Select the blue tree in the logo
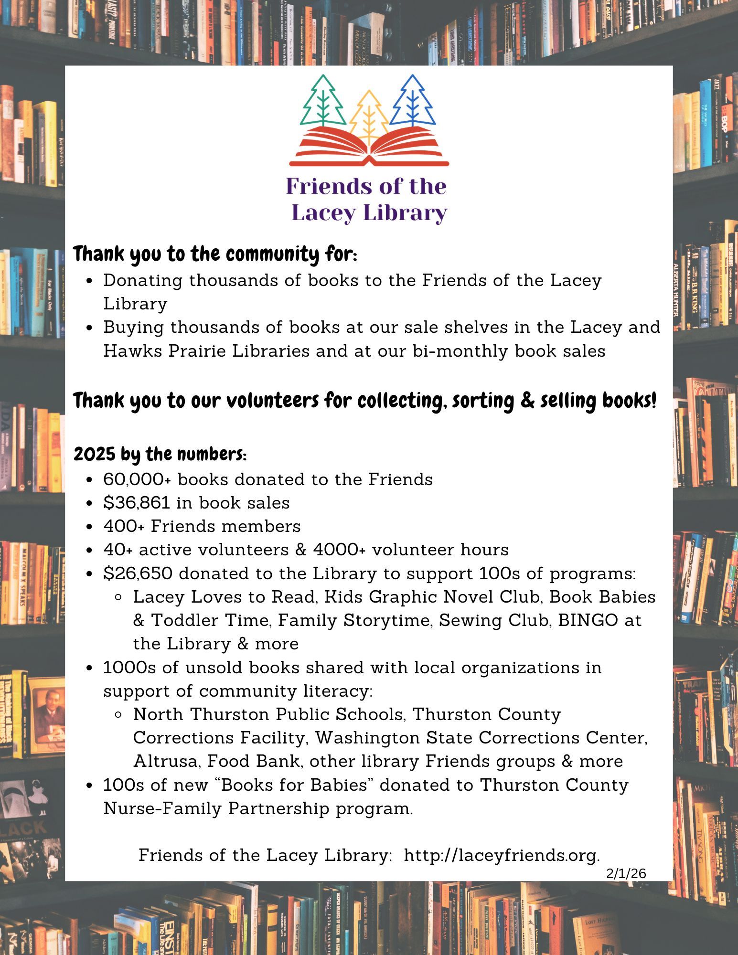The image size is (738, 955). [x=413, y=101]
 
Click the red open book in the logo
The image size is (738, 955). [x=369, y=146]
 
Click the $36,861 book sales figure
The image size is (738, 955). [x=137, y=503]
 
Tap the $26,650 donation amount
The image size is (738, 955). [x=138, y=573]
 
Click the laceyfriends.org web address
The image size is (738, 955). [x=502, y=855]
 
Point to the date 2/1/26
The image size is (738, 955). [x=626, y=874]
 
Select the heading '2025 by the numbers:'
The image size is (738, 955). [x=160, y=454]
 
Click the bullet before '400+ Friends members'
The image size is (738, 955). [x=90, y=527]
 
